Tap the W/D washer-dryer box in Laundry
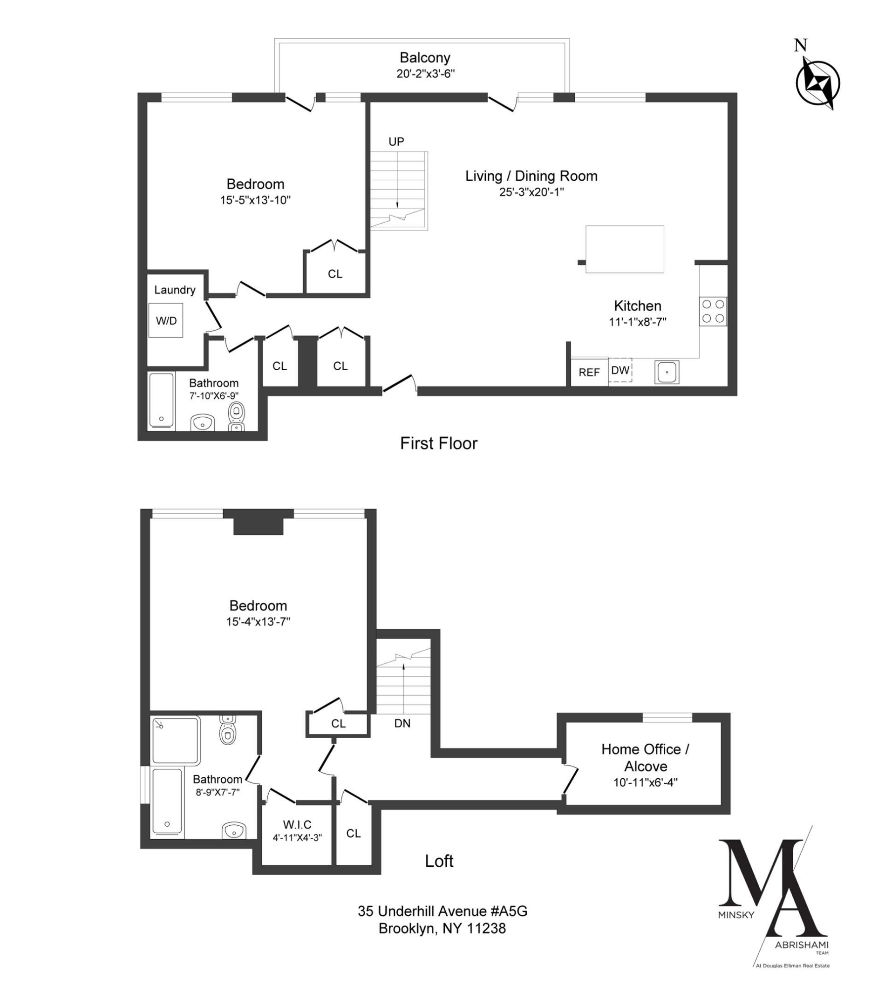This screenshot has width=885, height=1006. pos(166,320)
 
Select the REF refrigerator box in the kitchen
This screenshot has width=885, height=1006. pos(589,373)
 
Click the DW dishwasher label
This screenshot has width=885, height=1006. pos(619,370)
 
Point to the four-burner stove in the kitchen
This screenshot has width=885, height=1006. pos(713,311)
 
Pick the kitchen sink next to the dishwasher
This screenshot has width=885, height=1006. pos(667,372)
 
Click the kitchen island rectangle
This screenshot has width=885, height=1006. pos(624,249)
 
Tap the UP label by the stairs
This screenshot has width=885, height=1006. pos(396,142)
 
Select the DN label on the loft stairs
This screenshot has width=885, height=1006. pos(402,723)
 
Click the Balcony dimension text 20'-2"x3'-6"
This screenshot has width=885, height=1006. pos(425,74)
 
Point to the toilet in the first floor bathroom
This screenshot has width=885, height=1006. pos(236,413)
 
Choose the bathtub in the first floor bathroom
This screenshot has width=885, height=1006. pos(162,400)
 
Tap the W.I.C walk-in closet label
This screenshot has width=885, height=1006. pos(297,824)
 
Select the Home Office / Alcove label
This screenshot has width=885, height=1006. pos(645,757)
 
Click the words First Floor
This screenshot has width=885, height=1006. pos(439,443)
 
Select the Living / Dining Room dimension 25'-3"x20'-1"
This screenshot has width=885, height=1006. pos(531,192)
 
